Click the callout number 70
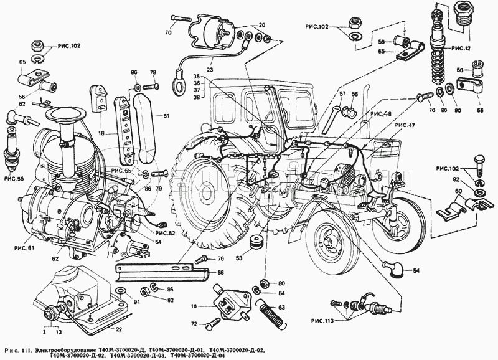coord(168,32)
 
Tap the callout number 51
coord(166,115)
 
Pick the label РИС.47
coord(403,125)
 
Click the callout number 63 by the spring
coord(281,307)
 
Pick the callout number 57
coord(341,93)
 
